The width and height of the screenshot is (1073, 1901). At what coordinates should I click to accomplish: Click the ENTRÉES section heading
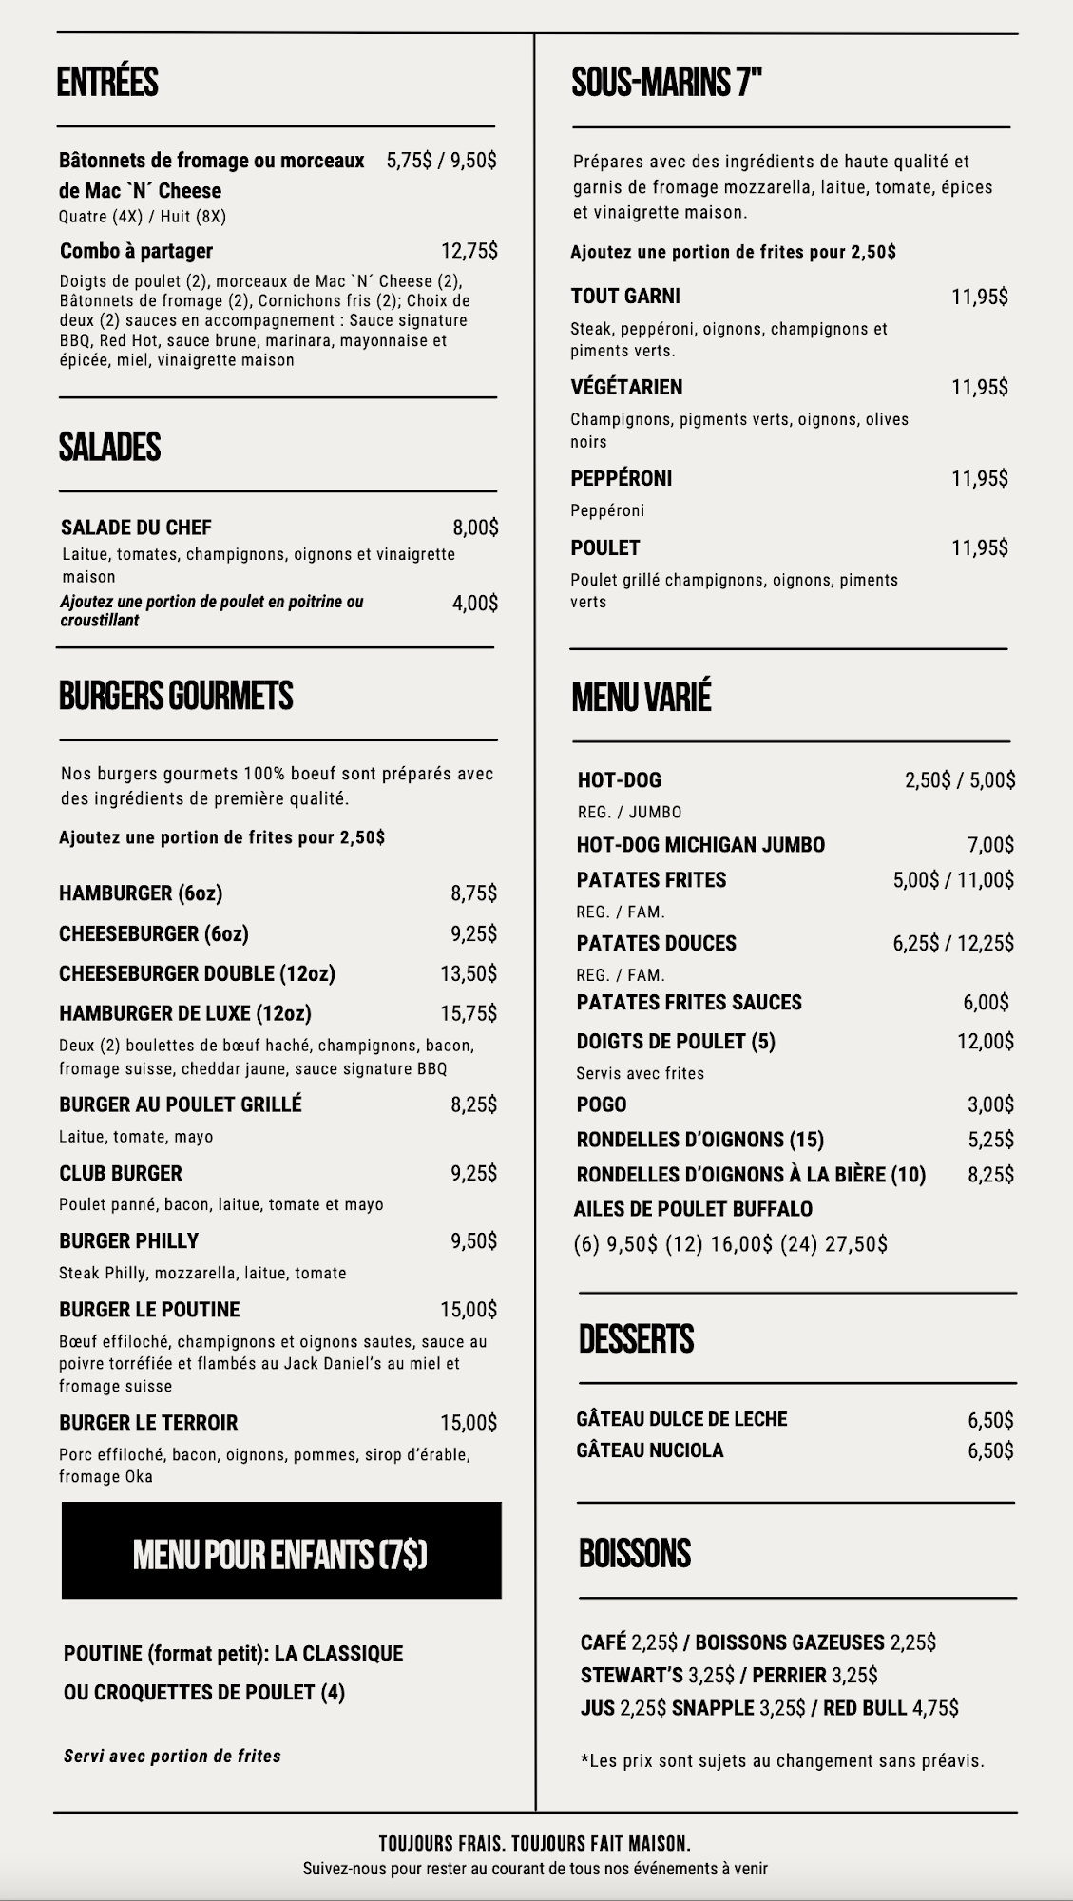tap(107, 83)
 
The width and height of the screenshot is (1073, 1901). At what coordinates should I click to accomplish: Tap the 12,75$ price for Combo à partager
tap(469, 251)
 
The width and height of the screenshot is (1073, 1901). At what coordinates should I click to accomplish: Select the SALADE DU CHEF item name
tap(136, 528)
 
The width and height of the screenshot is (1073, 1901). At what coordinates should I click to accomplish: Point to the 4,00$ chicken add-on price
tap(474, 603)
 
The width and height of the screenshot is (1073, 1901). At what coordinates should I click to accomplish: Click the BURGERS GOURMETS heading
tap(176, 696)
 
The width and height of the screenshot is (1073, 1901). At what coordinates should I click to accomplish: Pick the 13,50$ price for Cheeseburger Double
tap(468, 973)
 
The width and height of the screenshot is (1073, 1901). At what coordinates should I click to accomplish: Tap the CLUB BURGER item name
tap(121, 1173)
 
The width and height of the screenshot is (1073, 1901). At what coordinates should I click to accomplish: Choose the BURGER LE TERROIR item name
tap(148, 1423)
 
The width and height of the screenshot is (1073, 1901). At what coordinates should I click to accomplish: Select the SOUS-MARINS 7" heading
tap(667, 84)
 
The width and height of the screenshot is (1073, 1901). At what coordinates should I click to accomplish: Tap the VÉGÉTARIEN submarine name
tap(626, 387)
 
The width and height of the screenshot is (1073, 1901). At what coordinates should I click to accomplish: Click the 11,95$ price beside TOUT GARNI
tap(979, 297)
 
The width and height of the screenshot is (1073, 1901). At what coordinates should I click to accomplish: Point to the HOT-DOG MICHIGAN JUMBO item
tap(700, 845)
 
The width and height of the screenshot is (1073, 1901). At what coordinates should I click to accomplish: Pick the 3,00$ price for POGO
tap(990, 1104)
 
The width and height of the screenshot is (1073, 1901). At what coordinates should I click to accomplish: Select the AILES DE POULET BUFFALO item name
tap(693, 1209)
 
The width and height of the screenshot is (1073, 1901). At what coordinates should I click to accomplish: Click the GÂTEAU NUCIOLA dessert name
tap(649, 1450)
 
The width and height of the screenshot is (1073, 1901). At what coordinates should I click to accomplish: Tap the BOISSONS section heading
tap(635, 1553)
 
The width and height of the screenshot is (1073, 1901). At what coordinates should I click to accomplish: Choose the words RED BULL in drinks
tap(865, 1708)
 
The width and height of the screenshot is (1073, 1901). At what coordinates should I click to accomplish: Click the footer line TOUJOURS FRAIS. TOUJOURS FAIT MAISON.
tap(534, 1844)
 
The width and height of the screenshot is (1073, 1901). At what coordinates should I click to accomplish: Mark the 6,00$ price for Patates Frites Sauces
tap(986, 1002)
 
